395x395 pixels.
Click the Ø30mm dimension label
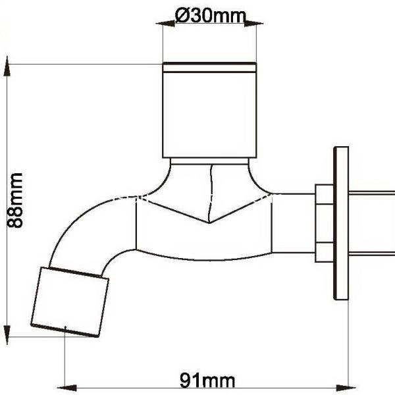[209, 16]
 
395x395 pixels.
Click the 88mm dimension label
[14, 200]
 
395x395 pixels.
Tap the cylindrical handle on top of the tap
[209, 112]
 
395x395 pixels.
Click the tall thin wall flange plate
[341, 223]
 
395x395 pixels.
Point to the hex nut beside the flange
[324, 223]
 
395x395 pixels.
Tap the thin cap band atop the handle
[209, 66]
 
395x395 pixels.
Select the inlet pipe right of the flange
[372, 223]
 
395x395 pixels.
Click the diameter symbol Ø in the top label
[184, 16]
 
